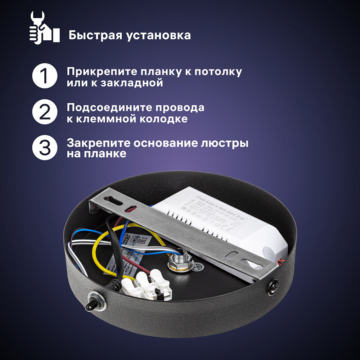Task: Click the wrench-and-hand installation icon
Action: tap(44, 27)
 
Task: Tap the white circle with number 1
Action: tap(45, 76)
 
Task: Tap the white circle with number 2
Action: tap(45, 112)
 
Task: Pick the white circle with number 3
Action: tap(45, 148)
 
